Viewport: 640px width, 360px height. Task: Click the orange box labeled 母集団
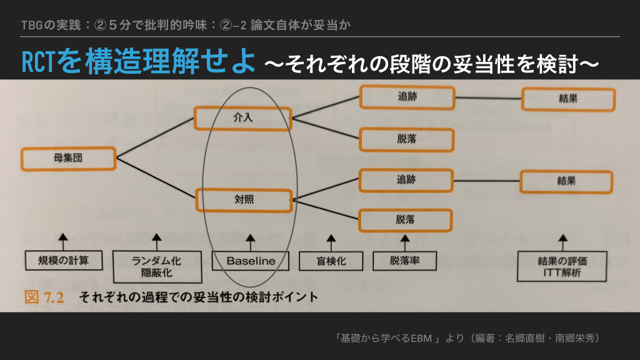[69, 159]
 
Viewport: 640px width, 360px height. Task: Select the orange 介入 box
[243, 117]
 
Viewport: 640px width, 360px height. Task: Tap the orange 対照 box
[244, 200]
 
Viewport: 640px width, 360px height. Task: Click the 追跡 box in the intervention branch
[406, 97]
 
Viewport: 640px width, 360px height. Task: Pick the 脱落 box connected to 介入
[406, 138]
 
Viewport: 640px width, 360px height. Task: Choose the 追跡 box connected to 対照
[406, 180]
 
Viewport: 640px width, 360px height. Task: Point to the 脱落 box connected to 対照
[406, 219]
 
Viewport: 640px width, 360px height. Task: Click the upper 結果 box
[568, 99]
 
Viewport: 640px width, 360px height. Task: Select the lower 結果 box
[566, 181]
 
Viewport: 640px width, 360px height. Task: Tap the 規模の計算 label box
[62, 259]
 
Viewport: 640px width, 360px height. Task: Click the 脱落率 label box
[404, 261]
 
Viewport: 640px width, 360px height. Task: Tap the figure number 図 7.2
[44, 297]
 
